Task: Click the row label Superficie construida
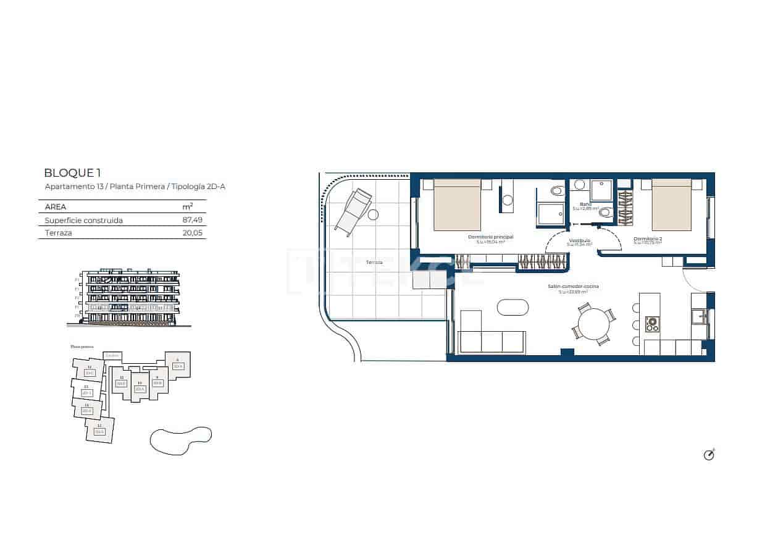point(84,220)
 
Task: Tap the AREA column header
point(56,207)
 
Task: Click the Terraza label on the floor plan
point(374,262)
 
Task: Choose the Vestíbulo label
point(579,240)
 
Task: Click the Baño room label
point(585,204)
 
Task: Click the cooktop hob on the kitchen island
point(652,323)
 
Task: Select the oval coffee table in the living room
point(513,307)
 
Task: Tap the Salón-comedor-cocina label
point(573,287)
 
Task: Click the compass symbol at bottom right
point(709,455)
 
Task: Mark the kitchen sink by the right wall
point(699,316)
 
